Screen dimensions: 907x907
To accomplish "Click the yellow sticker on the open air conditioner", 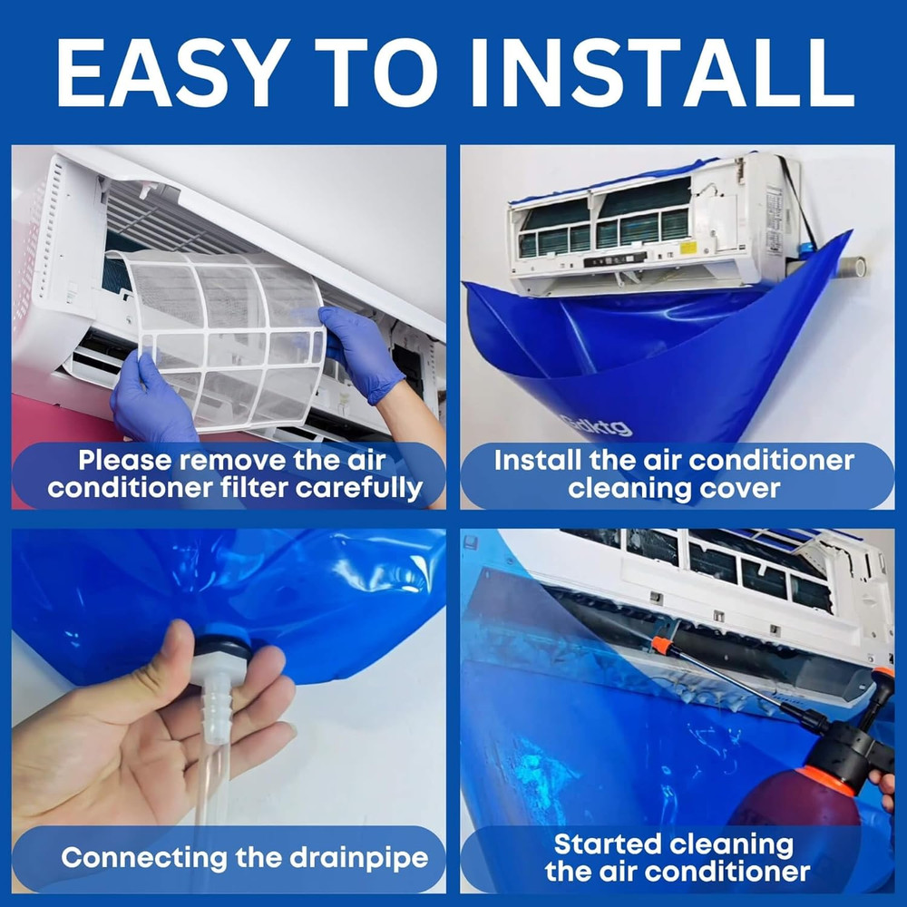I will point(688,248).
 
